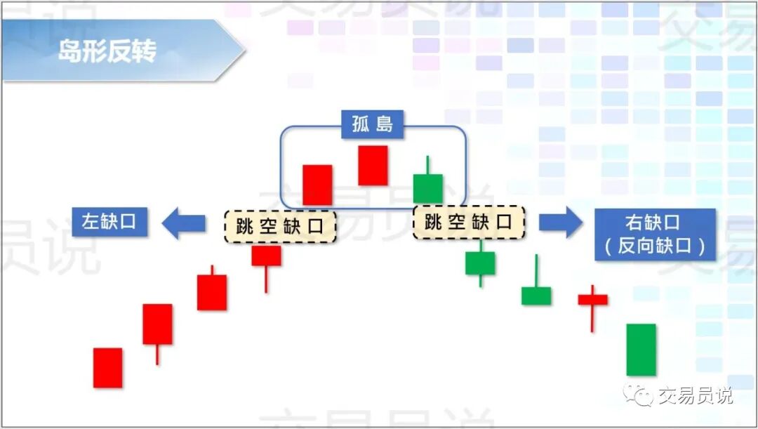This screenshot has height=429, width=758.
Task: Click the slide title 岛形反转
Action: click(107, 51)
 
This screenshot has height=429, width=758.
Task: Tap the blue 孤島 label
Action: click(372, 124)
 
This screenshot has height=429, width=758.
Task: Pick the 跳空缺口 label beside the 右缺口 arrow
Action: click(469, 223)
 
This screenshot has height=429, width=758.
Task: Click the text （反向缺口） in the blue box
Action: click(654, 246)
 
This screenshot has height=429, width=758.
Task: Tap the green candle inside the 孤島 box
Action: click(427, 187)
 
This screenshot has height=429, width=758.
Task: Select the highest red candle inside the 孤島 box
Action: click(373, 166)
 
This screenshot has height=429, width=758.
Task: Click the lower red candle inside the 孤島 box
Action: click(317, 185)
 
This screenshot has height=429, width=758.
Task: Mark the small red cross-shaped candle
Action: click(592, 300)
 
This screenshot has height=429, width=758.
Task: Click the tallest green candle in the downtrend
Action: click(641, 349)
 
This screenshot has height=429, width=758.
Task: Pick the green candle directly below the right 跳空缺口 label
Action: click(480, 263)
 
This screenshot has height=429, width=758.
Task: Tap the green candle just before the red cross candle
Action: click(536, 295)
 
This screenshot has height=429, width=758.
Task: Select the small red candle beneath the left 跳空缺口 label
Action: click(266, 256)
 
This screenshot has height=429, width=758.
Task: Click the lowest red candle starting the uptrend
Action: click(107, 367)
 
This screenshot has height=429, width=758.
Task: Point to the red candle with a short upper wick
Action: click(211, 291)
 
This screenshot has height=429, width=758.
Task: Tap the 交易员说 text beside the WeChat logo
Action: click(695, 395)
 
